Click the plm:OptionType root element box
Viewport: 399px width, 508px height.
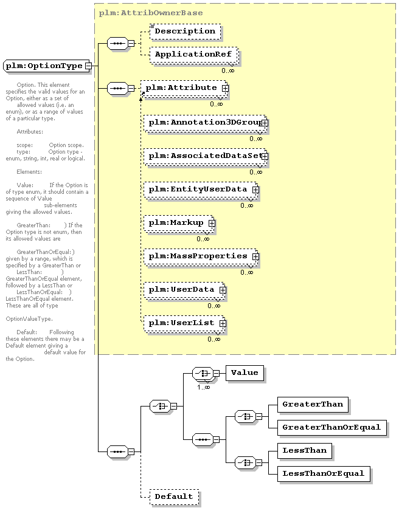[47, 66]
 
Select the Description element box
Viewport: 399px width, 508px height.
[186, 32]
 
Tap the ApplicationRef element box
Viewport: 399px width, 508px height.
[193, 55]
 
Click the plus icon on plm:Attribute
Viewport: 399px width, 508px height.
[225, 88]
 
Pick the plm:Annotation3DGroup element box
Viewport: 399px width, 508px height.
[206, 123]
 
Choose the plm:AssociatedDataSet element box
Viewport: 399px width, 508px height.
[206, 157]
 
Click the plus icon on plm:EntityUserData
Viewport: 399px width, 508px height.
[255, 190]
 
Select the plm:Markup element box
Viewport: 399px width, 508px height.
[179, 224]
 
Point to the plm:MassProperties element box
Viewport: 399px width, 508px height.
[201, 257]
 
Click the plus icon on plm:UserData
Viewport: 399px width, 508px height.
[223, 290]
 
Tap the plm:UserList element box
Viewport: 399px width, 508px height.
[184, 324]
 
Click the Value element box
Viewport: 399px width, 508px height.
[245, 373]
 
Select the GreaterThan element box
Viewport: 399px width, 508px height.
[313, 405]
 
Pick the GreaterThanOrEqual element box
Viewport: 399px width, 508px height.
[332, 428]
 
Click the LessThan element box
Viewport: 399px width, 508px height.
[305, 451]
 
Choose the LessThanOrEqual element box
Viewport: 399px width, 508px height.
[324, 474]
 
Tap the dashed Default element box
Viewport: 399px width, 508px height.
[174, 497]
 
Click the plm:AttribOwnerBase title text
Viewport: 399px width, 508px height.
[151, 13]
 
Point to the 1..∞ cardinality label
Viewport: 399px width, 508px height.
[203, 387]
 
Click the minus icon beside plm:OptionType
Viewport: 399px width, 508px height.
[88, 66]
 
